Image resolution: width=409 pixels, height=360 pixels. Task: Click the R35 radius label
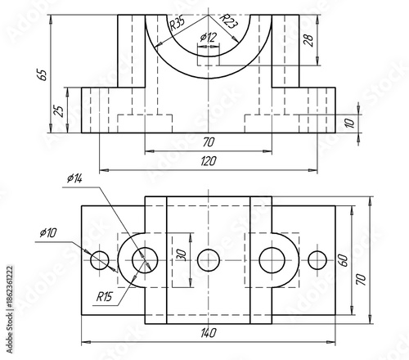176,25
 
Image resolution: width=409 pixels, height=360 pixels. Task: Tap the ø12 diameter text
209,38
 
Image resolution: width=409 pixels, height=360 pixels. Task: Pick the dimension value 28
308,41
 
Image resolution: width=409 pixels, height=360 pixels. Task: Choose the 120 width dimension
208,161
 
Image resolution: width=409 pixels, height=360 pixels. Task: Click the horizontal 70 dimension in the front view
208,142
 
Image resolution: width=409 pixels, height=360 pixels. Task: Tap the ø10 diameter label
47,233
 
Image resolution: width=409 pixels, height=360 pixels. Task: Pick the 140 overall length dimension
208,333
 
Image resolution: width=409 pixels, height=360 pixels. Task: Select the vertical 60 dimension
344,260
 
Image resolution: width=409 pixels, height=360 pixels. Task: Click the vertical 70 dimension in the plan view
361,278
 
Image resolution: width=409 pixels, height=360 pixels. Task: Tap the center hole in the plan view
209,260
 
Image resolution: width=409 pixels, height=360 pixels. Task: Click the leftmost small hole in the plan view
100,260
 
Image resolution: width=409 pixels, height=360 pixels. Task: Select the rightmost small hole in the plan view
317,260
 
